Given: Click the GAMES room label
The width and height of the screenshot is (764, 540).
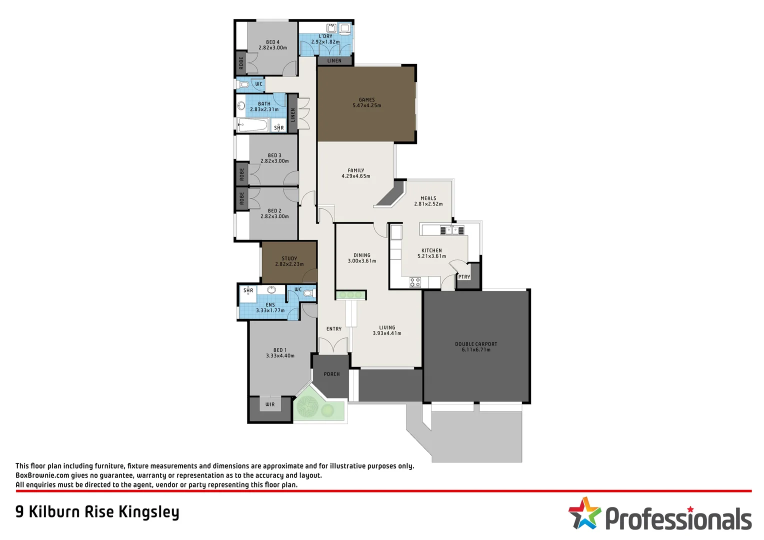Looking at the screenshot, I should click(x=366, y=100).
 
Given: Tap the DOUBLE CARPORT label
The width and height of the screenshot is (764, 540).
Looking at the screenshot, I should click(x=476, y=344).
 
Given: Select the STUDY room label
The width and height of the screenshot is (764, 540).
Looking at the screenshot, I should click(x=289, y=258).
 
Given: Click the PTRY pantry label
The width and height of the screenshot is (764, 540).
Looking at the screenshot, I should click(x=464, y=277).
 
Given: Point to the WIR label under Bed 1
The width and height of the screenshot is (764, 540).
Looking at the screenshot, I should click(x=270, y=404).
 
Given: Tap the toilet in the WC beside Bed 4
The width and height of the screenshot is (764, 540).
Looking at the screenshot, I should click(x=243, y=84).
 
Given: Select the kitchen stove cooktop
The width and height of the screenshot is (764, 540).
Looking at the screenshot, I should click(x=415, y=282).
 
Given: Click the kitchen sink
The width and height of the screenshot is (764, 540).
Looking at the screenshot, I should click(x=452, y=230).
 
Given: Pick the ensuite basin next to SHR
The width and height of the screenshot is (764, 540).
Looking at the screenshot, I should click(x=271, y=290).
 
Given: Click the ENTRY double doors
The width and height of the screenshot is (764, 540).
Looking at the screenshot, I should click(x=333, y=345).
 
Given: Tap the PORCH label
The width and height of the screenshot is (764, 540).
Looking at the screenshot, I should click(x=331, y=374).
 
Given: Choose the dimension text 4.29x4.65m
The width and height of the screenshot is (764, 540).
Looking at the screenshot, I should click(x=356, y=176).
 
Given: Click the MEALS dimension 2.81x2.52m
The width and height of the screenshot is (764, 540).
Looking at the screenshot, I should click(x=428, y=204).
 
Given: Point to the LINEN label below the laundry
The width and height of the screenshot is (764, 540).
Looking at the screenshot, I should click(x=334, y=61).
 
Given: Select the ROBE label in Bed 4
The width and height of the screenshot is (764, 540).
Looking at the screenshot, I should click(x=241, y=62).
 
